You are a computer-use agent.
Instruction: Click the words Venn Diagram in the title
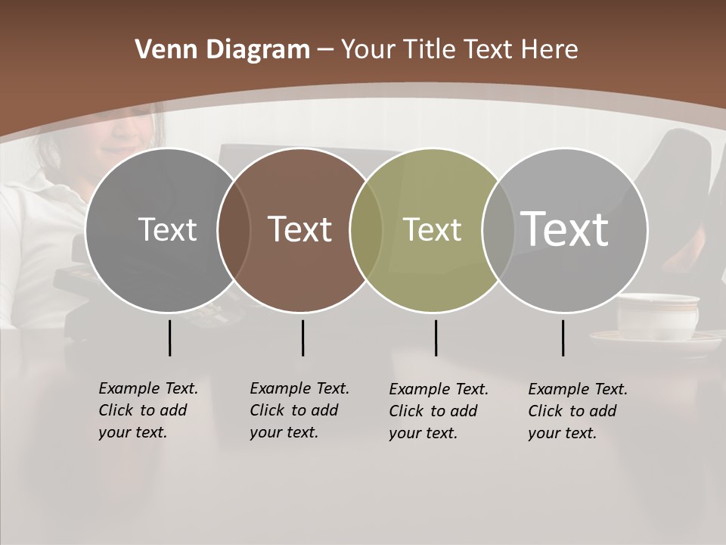click(x=222, y=50)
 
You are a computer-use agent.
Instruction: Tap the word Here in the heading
click(x=550, y=50)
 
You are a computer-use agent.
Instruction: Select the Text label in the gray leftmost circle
click(x=167, y=229)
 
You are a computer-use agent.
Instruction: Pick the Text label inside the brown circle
click(x=300, y=229)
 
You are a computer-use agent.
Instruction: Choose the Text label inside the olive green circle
click(x=432, y=229)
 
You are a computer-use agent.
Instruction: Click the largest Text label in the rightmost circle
click(x=565, y=229)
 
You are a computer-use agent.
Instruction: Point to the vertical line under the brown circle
click(x=302, y=338)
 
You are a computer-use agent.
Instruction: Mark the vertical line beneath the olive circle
click(x=436, y=338)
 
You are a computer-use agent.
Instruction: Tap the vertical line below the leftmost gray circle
click(x=169, y=338)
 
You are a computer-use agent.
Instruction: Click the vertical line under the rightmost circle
click(x=563, y=338)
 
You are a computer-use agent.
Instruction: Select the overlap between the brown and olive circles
click(x=366, y=229)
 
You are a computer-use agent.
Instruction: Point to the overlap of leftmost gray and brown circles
click(x=234, y=229)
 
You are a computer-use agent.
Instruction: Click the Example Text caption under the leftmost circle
click(x=147, y=410)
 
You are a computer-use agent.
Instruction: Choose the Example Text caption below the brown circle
click(x=299, y=410)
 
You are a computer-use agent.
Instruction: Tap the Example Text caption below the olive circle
click(x=438, y=411)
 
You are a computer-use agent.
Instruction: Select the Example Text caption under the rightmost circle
click(x=577, y=411)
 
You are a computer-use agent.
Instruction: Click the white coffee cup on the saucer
click(x=657, y=316)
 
